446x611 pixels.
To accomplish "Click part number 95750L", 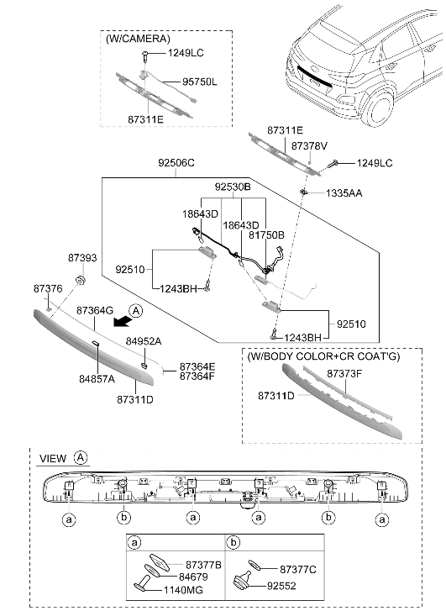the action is [x=200, y=82].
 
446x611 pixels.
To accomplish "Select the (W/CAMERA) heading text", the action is [x=139, y=39].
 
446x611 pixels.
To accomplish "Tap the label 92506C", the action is [x=176, y=163].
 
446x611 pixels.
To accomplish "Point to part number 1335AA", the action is [x=344, y=193].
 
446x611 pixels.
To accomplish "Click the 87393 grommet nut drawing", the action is [x=81, y=279].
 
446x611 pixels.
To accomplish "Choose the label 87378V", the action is [x=309, y=146].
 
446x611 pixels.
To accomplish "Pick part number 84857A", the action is [x=97, y=379].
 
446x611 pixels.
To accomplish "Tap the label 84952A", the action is [x=144, y=341].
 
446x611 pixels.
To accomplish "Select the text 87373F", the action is [x=344, y=374].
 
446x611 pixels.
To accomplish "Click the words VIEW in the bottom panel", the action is [x=53, y=459].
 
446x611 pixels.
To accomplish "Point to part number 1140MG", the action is [x=183, y=590].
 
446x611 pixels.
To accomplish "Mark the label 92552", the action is [x=281, y=586].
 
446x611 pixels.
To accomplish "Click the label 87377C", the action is [x=298, y=570].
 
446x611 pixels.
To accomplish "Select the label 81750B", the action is [x=266, y=235].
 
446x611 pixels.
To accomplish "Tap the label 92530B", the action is [x=233, y=187].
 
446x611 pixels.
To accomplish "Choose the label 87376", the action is [x=48, y=289].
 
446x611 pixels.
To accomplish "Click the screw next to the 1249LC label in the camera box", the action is [x=144, y=56].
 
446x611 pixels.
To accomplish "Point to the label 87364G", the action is [x=95, y=311].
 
